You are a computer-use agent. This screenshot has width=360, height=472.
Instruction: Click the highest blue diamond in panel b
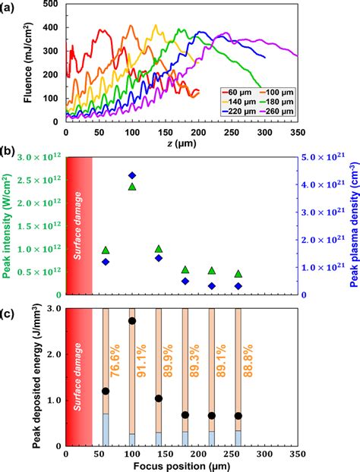pos(132,175)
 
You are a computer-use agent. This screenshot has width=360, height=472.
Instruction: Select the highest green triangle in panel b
pos(132,186)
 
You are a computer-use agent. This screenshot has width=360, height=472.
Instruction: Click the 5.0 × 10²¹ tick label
pos(312,156)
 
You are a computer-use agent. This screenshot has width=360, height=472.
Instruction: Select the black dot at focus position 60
pos(106,391)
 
